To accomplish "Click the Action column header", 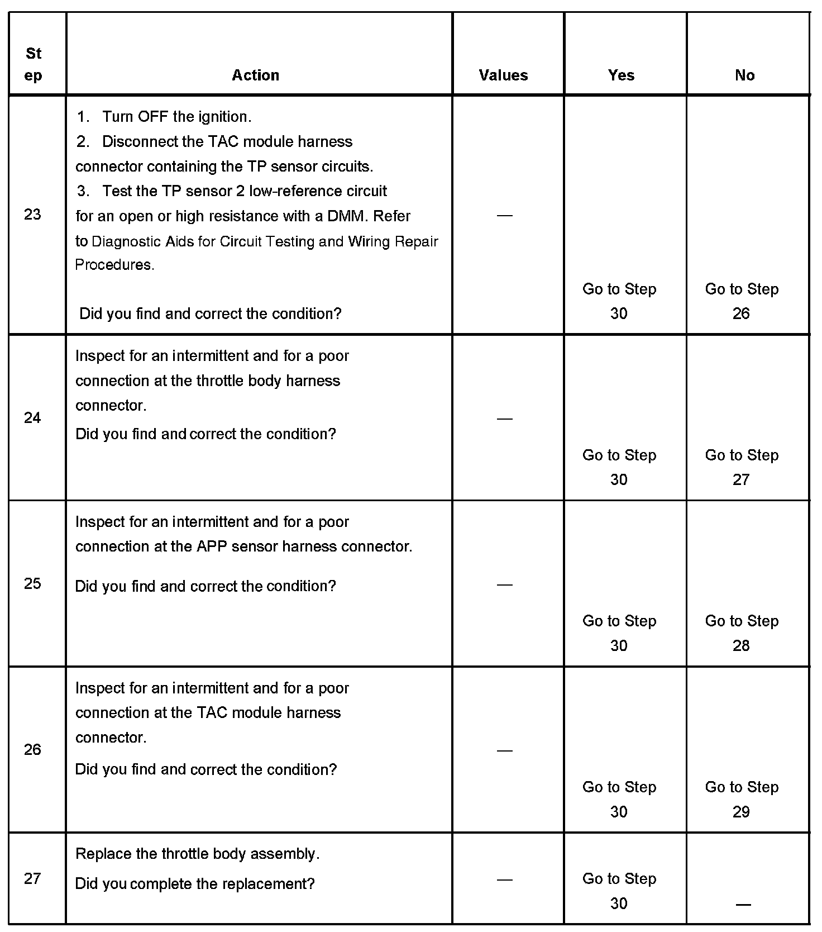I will pos(255,75).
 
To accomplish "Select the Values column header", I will pos(503,75).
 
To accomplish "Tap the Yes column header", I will pos(621,75).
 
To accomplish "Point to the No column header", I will pos(744,75).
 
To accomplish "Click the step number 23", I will pos(32,215).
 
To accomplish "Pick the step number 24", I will pos(32,418).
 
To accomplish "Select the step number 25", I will pos(32,584).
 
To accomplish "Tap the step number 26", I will pos(32,750).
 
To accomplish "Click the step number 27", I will pos(32,879).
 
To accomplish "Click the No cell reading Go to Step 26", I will pos(742,301).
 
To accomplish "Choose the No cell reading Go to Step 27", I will pos(742,467).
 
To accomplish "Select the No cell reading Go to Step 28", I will pos(742,633).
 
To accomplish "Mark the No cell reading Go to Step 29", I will pos(742,799).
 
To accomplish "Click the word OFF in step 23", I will pos(153,117).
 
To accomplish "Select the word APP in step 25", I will pos(212,546).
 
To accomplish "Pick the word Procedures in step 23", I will pos(114,265).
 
